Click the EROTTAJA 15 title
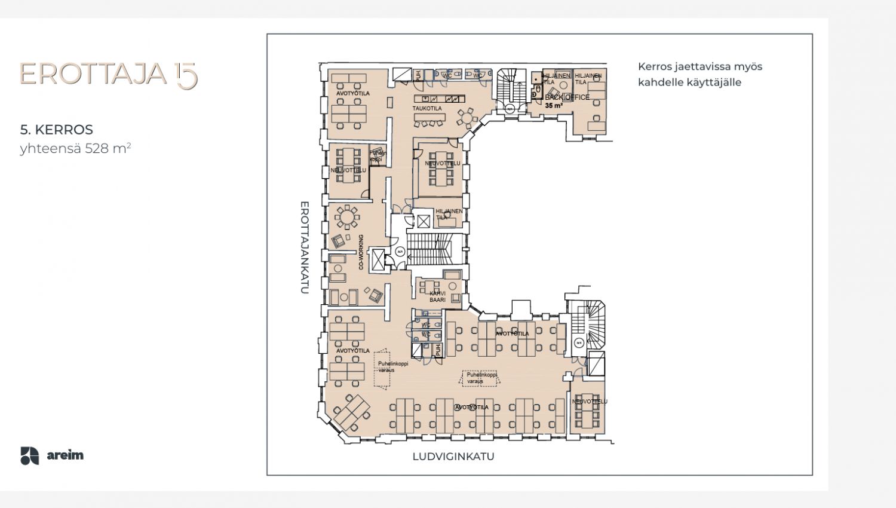[108, 74]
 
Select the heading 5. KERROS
[57, 130]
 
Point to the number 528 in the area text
[97, 149]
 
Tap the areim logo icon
[29, 455]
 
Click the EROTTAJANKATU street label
[304, 247]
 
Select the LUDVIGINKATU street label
[453, 457]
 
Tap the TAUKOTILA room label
[427, 109]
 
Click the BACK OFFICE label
[567, 97]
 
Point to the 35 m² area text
[554, 106]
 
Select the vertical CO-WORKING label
[361, 252]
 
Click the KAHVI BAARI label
[437, 296]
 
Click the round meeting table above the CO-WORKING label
[347, 216]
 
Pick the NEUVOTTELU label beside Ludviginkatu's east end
[590, 402]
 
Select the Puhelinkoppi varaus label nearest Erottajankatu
[392, 366]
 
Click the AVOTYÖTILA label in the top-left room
[352, 94]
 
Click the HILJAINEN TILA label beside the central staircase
[449, 214]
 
